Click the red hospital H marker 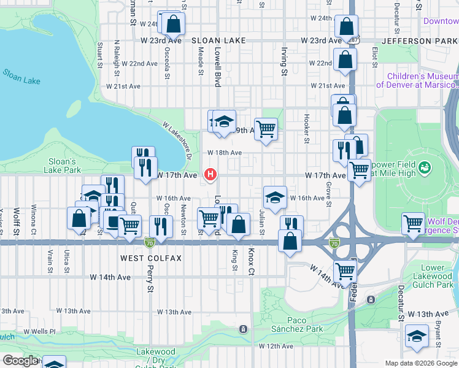(x=211, y=175)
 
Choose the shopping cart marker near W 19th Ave (x=266, y=129)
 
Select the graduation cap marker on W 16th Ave (x=274, y=197)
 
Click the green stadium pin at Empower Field (x=424, y=167)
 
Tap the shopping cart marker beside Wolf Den (x=414, y=223)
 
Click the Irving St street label (x=284, y=62)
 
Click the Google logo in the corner (x=20, y=361)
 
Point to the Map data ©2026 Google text (x=420, y=363)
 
